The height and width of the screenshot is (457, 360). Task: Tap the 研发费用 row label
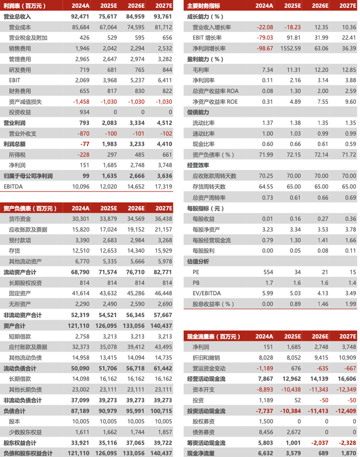pyautogui.click(x=20, y=70)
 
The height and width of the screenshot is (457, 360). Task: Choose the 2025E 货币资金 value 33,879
pyautogui.click(x=107, y=219)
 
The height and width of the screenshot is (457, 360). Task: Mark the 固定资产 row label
pyautogui.click(x=20, y=293)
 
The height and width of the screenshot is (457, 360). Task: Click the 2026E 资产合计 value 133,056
pyautogui.click(x=135, y=326)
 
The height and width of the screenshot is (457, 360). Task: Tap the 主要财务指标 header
pyautogui.click(x=203, y=6)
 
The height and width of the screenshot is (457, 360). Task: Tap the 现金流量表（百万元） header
pyautogui.click(x=213, y=337)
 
